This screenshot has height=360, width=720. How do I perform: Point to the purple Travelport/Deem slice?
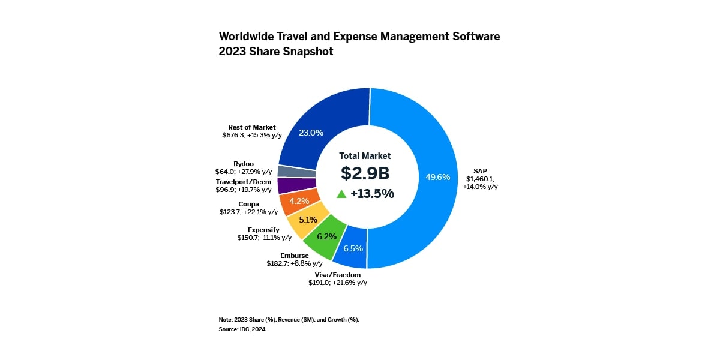click(x=289, y=185)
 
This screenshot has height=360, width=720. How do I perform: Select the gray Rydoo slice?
click(x=288, y=171)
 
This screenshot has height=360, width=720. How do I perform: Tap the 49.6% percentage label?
click(x=437, y=177)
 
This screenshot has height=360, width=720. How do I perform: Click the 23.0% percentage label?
click(x=311, y=133)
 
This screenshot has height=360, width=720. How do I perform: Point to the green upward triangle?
click(x=341, y=194)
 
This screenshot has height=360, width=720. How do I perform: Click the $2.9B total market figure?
click(x=365, y=173)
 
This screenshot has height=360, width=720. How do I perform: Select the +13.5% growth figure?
click(x=372, y=194)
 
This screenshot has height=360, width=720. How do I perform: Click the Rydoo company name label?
click(x=244, y=163)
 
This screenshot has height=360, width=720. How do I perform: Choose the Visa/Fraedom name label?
click(x=338, y=275)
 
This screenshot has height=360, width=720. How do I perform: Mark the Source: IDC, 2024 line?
click(x=242, y=329)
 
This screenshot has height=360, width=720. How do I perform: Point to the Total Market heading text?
click(x=365, y=155)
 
